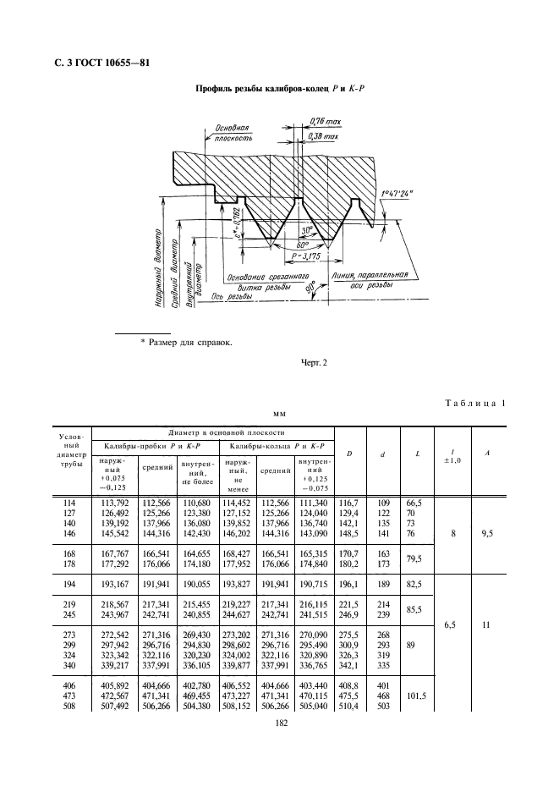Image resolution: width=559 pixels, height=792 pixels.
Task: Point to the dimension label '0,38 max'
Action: pos(322,136)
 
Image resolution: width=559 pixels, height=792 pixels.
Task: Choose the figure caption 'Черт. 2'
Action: pos(314,364)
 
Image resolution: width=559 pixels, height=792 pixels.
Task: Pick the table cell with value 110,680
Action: pos(196,503)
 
